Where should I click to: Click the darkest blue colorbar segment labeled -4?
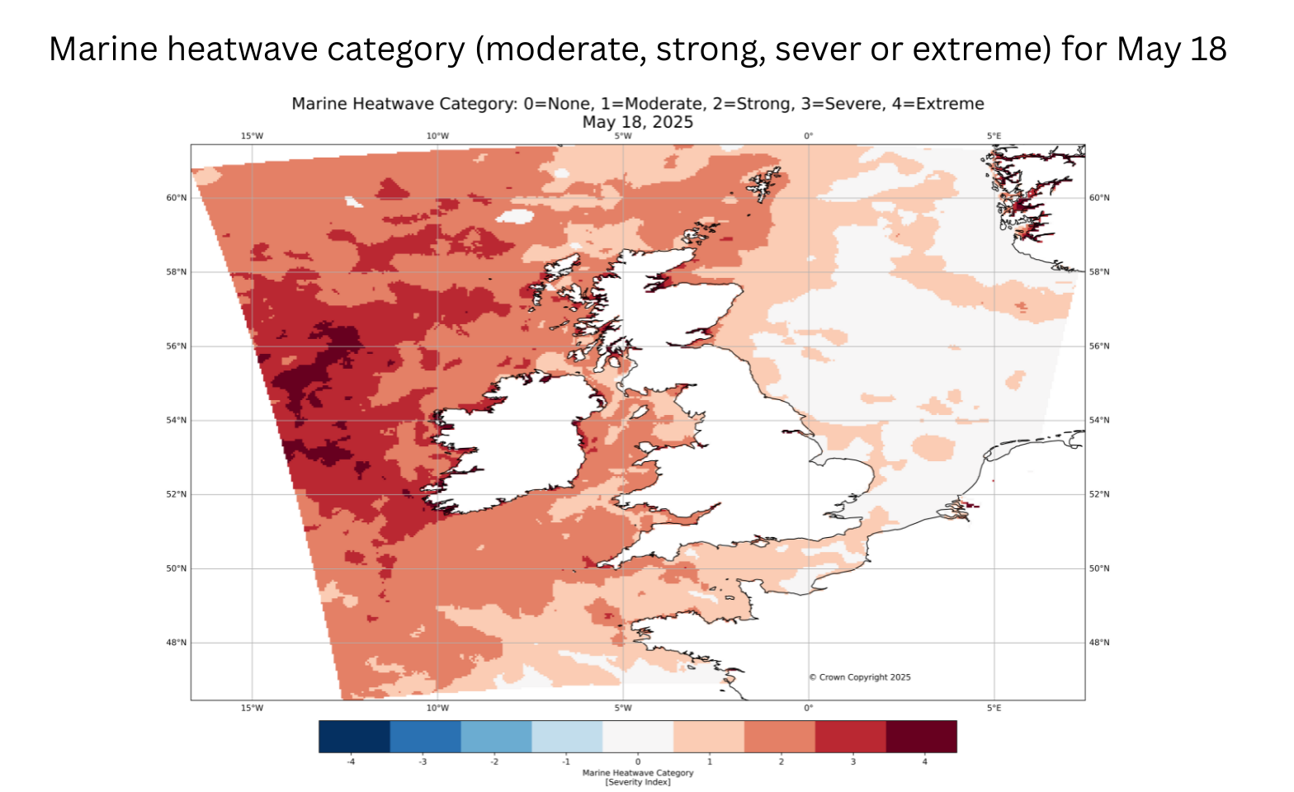point(354,737)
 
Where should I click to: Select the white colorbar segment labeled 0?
point(638,737)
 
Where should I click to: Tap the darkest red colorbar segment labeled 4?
point(921,737)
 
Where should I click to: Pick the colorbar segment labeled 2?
point(780,737)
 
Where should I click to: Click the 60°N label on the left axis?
point(177,198)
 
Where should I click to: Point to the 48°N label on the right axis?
point(1099,643)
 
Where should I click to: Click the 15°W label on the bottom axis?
point(252,708)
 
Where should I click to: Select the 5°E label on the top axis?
point(994,136)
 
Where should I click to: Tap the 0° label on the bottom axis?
point(808,708)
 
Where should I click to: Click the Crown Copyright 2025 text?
point(860,677)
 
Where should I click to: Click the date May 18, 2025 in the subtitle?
point(637,122)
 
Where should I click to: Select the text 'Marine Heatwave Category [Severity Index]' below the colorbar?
point(638,777)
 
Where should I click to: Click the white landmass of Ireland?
point(512,445)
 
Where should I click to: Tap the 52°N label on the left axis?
point(177,494)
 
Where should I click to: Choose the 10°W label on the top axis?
point(437,136)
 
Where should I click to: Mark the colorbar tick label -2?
point(495,761)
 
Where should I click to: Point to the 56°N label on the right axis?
point(1099,346)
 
